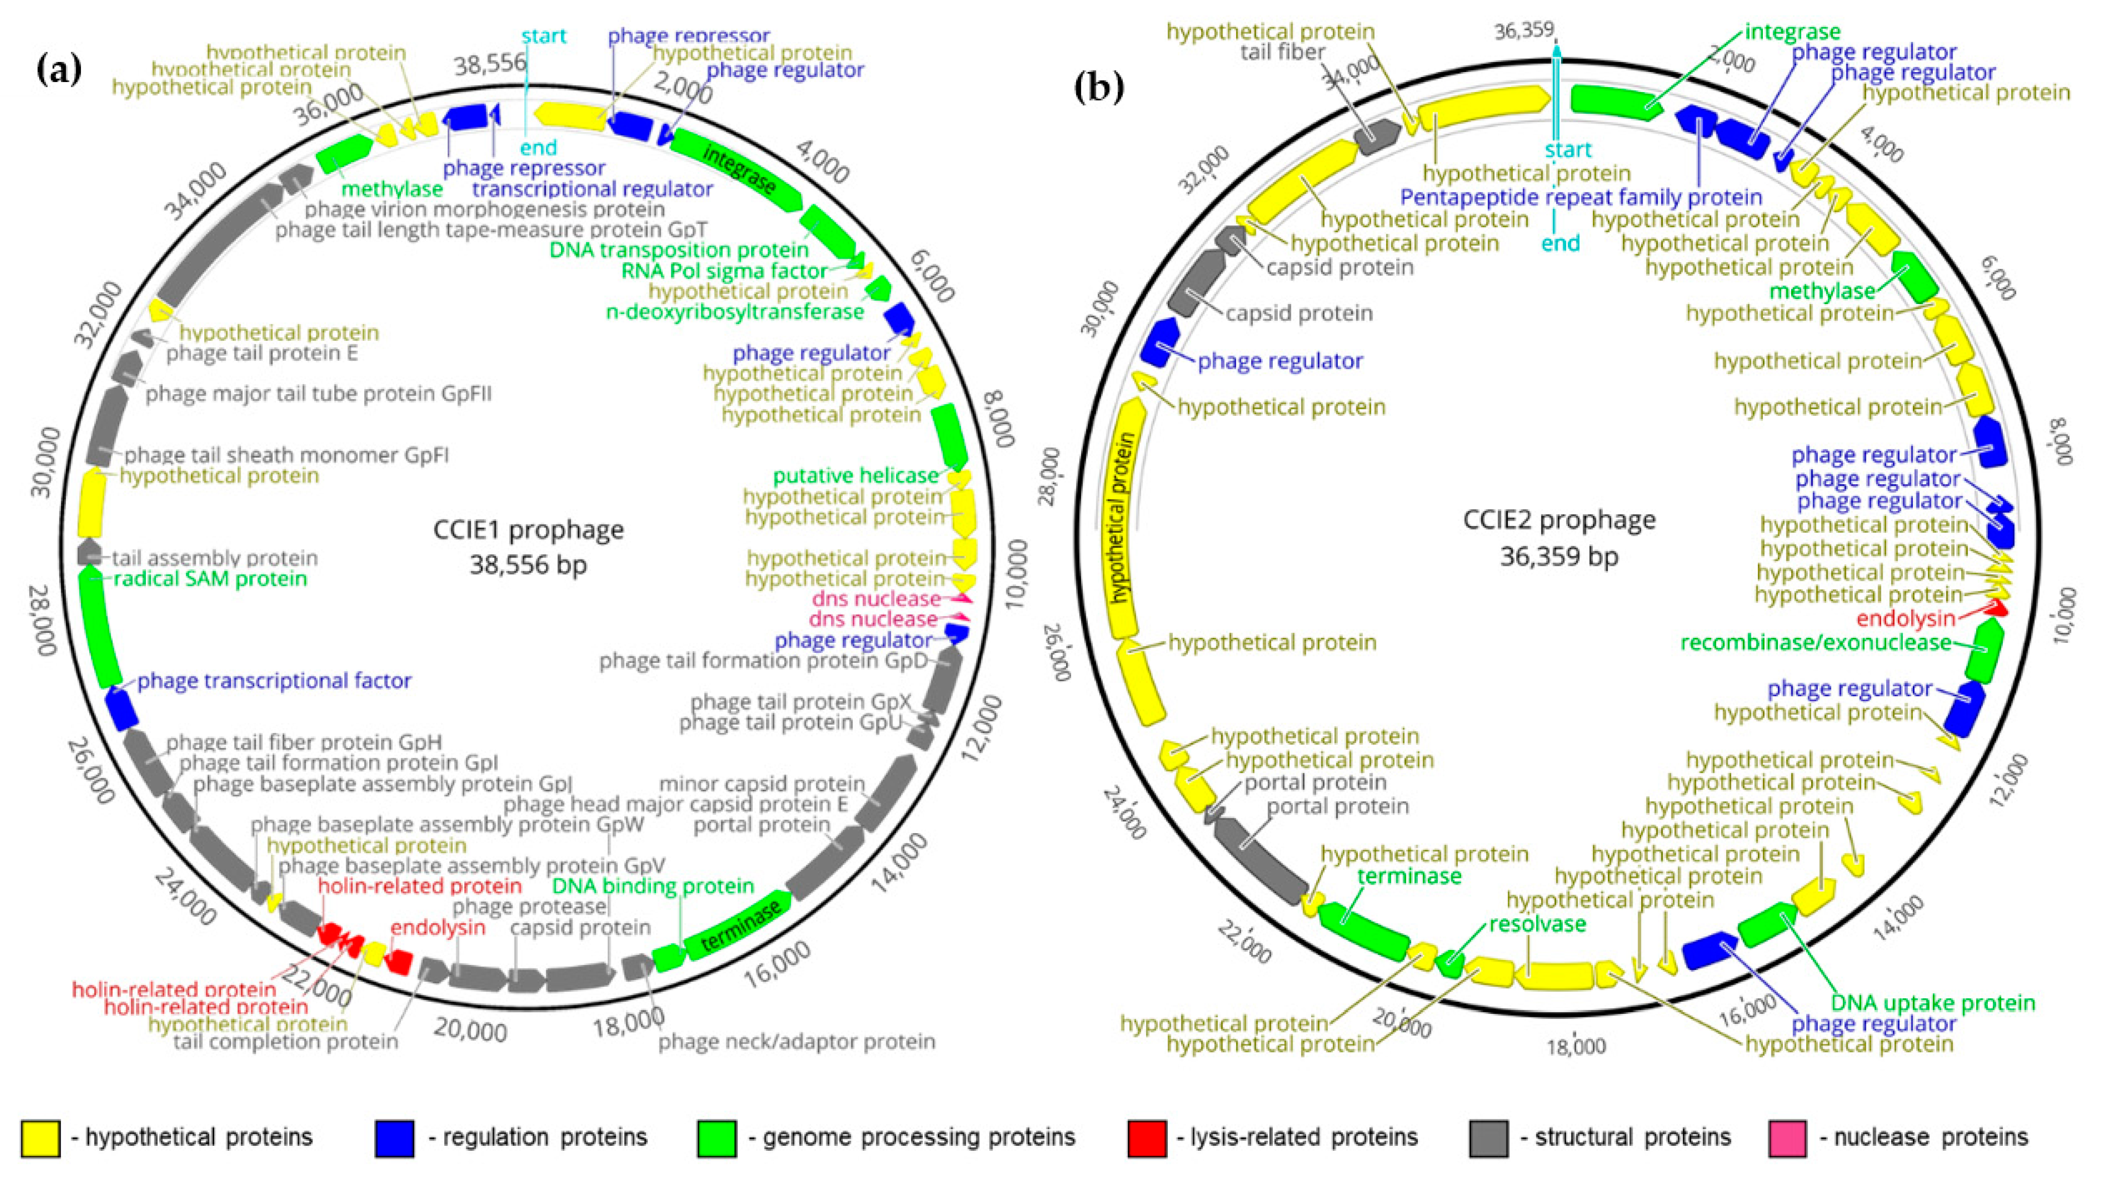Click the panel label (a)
pyautogui.click(x=59, y=71)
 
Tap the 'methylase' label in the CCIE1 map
pyautogui.click(x=392, y=189)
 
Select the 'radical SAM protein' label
pyautogui.click(x=210, y=579)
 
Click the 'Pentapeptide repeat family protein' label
pyautogui.click(x=1581, y=197)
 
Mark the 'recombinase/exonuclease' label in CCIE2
pyautogui.click(x=1815, y=642)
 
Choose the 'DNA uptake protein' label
pyautogui.click(x=1933, y=1002)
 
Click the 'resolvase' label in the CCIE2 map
pyautogui.click(x=1538, y=924)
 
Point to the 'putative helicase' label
pyautogui.click(x=855, y=475)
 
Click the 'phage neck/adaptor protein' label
pyautogui.click(x=796, y=1042)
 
